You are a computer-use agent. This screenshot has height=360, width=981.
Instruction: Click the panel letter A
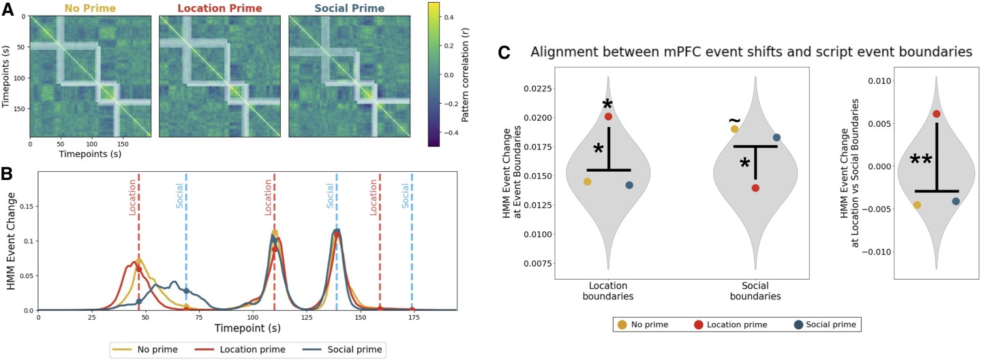pyautogui.click(x=7, y=10)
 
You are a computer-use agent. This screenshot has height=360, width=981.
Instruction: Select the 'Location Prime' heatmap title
pyautogui.click(x=220, y=8)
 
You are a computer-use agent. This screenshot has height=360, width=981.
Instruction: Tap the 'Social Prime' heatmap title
pyautogui.click(x=350, y=8)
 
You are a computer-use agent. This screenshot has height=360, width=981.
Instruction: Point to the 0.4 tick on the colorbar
pyautogui.click(x=450, y=18)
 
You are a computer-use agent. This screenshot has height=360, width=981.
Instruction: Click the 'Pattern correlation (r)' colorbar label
pyautogui.click(x=465, y=74)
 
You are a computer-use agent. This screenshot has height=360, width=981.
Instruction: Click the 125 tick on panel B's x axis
pyautogui.click(x=307, y=318)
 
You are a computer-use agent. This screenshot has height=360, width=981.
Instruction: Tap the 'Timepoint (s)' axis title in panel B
pyautogui.click(x=247, y=328)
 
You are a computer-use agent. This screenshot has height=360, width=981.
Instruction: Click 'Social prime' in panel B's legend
pyautogui.click(x=354, y=350)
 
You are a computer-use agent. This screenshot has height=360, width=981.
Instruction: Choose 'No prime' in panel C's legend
pyautogui.click(x=650, y=325)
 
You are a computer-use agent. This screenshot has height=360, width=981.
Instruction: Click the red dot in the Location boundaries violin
pyautogui.click(x=608, y=117)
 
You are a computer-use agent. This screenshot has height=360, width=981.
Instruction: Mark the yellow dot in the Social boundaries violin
pyautogui.click(x=734, y=129)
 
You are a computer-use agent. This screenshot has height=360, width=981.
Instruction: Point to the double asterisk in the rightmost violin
pyautogui.click(x=921, y=160)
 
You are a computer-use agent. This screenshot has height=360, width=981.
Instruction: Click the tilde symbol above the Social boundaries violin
pyautogui.click(x=735, y=120)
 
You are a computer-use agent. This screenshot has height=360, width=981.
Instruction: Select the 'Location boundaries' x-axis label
pyautogui.click(x=608, y=291)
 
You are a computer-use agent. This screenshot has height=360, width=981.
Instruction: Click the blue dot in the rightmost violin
pyautogui.click(x=956, y=201)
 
